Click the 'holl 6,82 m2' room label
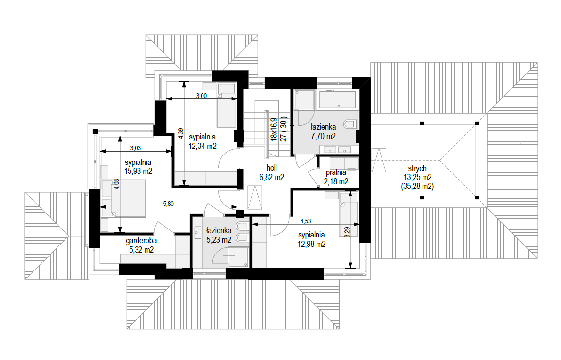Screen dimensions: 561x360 click(x=272, y=172)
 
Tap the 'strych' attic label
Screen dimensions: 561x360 click(x=417, y=168)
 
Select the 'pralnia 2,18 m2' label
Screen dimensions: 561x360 click(x=336, y=177)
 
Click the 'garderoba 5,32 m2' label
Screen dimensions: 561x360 click(x=141, y=245)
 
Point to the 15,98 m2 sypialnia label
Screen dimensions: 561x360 click(x=138, y=167)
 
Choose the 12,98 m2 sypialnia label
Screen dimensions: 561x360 click(x=312, y=239)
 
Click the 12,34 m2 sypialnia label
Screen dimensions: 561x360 click(x=203, y=141)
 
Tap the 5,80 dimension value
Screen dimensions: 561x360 click(x=168, y=204)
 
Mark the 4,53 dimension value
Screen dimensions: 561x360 click(x=306, y=221)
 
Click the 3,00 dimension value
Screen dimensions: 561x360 click(x=202, y=96)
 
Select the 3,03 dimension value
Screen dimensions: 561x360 click(x=136, y=148)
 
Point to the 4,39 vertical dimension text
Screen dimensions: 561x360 click(x=181, y=133)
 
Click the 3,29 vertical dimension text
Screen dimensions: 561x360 click(x=347, y=232)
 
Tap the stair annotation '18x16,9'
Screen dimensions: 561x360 click(x=274, y=130)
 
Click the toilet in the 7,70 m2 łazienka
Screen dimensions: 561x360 click(x=350, y=124)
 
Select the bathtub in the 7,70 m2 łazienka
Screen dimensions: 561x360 click(x=338, y=99)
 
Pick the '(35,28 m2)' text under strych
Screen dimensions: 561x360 click(x=417, y=186)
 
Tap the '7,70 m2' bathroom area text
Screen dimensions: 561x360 click(x=324, y=136)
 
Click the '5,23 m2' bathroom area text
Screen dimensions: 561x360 click(x=219, y=240)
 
